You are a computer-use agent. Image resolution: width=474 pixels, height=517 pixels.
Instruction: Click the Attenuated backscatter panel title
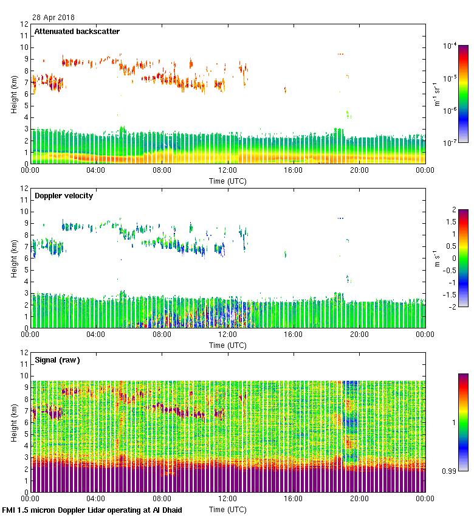[77, 32]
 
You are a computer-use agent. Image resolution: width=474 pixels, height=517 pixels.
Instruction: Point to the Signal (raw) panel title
[57, 360]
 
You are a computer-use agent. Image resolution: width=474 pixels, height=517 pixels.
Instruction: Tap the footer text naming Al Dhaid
[92, 510]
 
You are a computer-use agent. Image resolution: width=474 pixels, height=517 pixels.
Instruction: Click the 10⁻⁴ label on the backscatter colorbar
[450, 46]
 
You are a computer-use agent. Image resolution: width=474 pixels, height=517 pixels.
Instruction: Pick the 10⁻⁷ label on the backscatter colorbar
[450, 143]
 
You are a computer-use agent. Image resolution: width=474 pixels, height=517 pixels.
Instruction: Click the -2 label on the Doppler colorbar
[446, 307]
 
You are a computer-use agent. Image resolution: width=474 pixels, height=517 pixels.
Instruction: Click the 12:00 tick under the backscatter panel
[227, 171]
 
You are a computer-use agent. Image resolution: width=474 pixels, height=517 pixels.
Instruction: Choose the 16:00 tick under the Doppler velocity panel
[293, 335]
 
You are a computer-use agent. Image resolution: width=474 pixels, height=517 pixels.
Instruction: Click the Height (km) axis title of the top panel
[13, 94]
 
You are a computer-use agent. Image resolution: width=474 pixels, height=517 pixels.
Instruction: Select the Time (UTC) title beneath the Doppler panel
[228, 345]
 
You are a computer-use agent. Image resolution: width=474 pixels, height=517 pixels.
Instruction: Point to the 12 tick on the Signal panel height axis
[24, 352]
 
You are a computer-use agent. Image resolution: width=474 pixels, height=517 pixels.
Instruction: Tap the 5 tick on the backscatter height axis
[26, 106]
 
